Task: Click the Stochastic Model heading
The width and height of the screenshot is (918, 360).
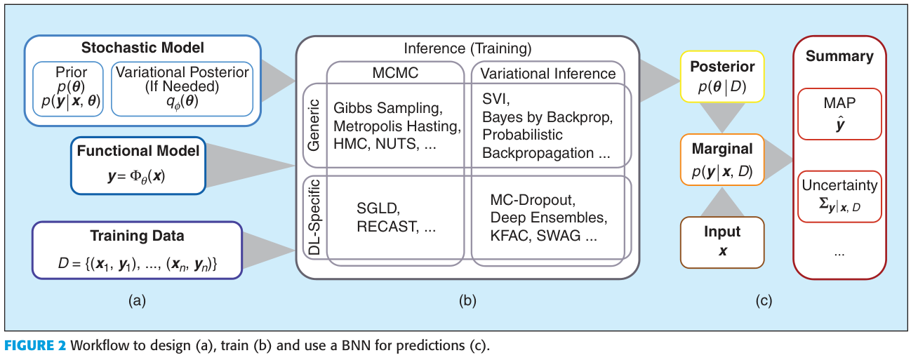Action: point(142,48)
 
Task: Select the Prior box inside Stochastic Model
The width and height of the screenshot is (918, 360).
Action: point(71,88)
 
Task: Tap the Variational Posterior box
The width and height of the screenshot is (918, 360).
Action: point(182,88)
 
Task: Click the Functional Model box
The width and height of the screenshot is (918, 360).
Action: point(138,165)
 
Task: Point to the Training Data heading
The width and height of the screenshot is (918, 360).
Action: point(137,236)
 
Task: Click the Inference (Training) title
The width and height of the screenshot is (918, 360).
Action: point(467,48)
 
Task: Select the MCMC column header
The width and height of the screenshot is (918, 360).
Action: point(394,73)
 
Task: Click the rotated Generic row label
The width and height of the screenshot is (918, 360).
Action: point(314,126)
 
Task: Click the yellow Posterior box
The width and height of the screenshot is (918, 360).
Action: point(722,74)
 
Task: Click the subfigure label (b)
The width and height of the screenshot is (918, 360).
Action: point(467,302)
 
